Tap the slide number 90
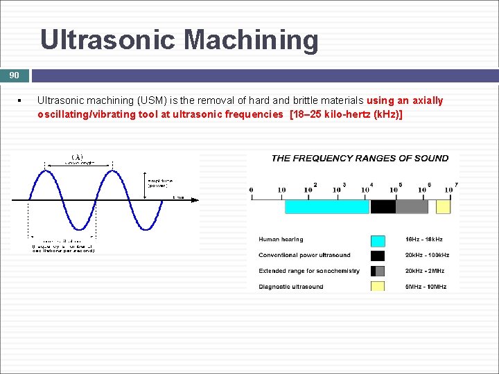pyautogui.click(x=14, y=75)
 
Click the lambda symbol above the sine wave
pyautogui.click(x=78, y=157)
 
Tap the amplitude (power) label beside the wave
pyautogui.click(x=159, y=183)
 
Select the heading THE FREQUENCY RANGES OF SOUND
pyautogui.click(x=360, y=158)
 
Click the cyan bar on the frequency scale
pyautogui.click(x=327, y=206)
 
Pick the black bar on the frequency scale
pyautogui.click(x=383, y=206)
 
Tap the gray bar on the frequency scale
pyautogui.click(x=412, y=206)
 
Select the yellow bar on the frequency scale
pyautogui.click(x=443, y=206)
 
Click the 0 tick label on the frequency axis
pyautogui.click(x=251, y=190)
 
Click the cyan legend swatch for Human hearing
pyautogui.click(x=378, y=240)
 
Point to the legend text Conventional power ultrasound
pyautogui.click(x=304, y=255)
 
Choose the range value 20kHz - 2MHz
pyautogui.click(x=425, y=271)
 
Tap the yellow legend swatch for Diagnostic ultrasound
pyautogui.click(x=378, y=286)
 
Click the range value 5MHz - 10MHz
pyautogui.click(x=426, y=287)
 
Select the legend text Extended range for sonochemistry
pyautogui.click(x=309, y=271)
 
